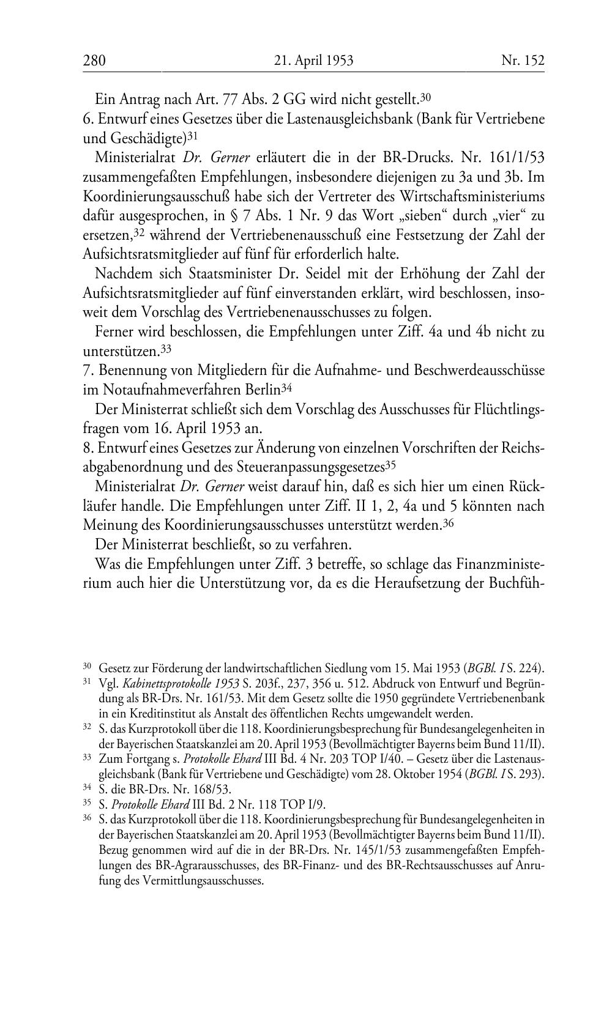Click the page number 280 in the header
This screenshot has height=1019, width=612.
click(94, 61)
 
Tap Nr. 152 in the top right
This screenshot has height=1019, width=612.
click(523, 61)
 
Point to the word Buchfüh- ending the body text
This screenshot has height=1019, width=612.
click(516, 583)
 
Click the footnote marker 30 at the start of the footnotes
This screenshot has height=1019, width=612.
click(87, 666)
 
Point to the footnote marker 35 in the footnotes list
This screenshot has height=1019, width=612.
click(87, 802)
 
